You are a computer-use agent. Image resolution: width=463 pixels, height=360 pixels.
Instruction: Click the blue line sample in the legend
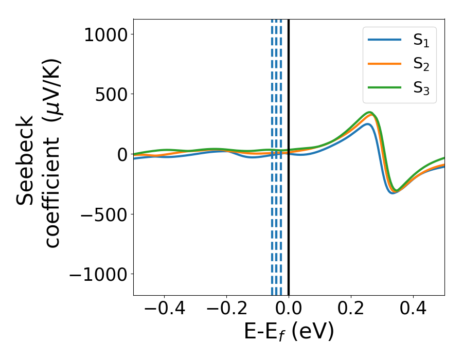pyautogui.click(x=384, y=40)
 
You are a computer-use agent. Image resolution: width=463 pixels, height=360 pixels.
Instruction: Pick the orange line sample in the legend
pyautogui.click(x=384, y=63)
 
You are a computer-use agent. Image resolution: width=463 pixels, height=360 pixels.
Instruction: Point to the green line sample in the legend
pyautogui.click(x=384, y=87)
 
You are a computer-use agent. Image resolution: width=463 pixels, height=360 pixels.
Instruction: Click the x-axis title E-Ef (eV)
pyautogui.click(x=289, y=332)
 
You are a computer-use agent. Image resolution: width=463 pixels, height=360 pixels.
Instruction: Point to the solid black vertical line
pyautogui.click(x=289, y=231)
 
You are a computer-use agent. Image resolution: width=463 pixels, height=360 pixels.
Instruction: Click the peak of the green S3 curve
pyautogui.click(x=369, y=112)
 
